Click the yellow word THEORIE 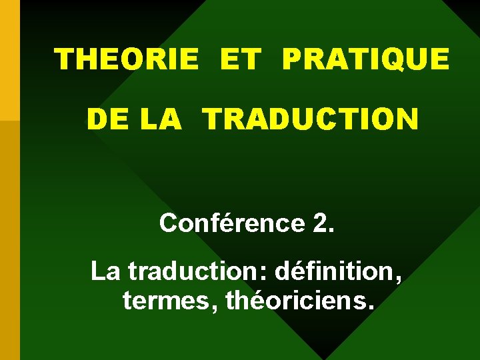tap(126, 59)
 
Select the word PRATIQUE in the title tap(365, 59)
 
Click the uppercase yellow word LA tap(161, 120)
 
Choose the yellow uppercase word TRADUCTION tap(311, 120)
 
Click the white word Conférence tap(231, 223)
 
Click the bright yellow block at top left tap(9, 60)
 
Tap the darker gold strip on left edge tap(9, 240)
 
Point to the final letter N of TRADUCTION tap(407, 120)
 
